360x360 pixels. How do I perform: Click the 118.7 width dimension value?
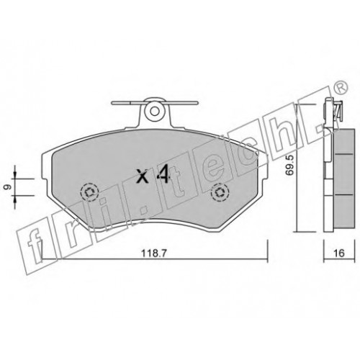click(x=153, y=253)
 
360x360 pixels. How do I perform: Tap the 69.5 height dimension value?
click(x=290, y=166)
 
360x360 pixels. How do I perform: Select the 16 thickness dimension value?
click(x=339, y=253)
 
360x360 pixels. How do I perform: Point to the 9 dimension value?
click(x=6, y=187)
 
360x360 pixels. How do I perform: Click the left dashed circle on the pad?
click(x=89, y=192)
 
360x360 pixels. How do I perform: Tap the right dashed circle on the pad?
click(x=220, y=192)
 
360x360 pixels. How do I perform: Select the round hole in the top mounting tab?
click(x=155, y=110)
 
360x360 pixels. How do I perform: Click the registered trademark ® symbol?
click(x=341, y=88)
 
